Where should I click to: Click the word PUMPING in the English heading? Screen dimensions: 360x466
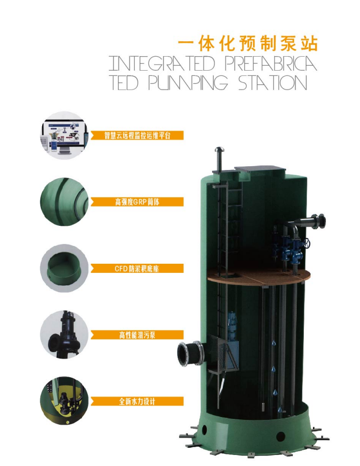(x=188, y=83)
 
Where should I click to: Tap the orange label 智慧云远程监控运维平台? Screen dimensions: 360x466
(x=137, y=135)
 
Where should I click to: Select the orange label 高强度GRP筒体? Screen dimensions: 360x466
(x=137, y=202)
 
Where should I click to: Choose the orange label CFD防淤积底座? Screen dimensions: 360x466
(x=137, y=269)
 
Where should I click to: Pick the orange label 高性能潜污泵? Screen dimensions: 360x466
(x=137, y=335)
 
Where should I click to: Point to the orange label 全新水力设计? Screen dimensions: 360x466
(x=137, y=402)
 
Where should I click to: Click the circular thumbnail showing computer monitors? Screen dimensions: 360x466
(x=64, y=135)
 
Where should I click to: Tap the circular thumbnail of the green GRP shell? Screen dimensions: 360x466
(x=64, y=202)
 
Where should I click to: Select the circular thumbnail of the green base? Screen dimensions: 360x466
(x=64, y=269)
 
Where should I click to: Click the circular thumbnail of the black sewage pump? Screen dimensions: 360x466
(x=64, y=335)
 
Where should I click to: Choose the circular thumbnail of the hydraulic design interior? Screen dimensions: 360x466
(x=64, y=402)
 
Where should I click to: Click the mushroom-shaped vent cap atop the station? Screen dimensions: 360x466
(x=219, y=149)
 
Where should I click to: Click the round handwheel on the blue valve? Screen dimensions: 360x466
(x=307, y=244)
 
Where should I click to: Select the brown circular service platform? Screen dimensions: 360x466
(x=258, y=276)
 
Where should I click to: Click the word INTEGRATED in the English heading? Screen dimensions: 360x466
(x=162, y=63)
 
